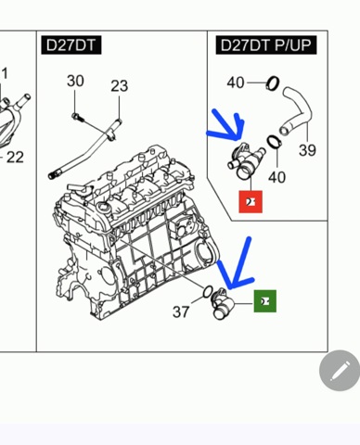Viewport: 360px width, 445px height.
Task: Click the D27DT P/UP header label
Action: pyautogui.click(x=266, y=45)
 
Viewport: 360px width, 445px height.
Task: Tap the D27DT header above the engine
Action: pyautogui.click(x=71, y=45)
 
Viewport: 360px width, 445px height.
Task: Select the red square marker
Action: pyautogui.click(x=251, y=202)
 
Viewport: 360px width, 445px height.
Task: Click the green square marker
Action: pyautogui.click(x=265, y=301)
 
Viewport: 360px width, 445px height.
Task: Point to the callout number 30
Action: pyautogui.click(x=75, y=81)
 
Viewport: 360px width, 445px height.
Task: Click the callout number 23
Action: pyautogui.click(x=120, y=86)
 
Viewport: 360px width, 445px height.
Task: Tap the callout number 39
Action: pyautogui.click(x=307, y=150)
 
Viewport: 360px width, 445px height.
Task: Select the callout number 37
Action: pyautogui.click(x=181, y=311)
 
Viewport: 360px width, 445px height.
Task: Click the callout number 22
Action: pyautogui.click(x=15, y=158)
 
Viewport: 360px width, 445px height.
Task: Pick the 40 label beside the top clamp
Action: pyautogui.click(x=236, y=83)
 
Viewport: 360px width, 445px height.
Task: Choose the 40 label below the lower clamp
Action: pyautogui.click(x=277, y=177)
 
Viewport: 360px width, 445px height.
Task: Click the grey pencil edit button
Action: pyautogui.click(x=340, y=371)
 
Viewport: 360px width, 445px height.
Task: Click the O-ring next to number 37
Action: pyautogui.click(x=208, y=292)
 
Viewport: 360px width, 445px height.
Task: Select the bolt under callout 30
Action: pyautogui.click(x=77, y=117)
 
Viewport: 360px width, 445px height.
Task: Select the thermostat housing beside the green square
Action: pyautogui.click(x=222, y=304)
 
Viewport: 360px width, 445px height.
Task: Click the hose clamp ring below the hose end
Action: pyautogui.click(x=274, y=142)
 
